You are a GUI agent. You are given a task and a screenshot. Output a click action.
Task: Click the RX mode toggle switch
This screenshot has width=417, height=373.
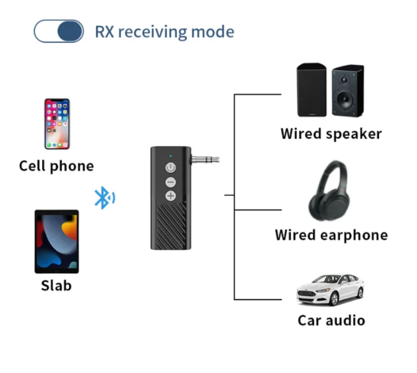(59, 32)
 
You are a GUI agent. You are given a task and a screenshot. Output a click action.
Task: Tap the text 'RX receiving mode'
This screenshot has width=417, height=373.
(164, 32)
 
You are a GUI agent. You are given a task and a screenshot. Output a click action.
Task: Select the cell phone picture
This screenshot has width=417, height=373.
(57, 124)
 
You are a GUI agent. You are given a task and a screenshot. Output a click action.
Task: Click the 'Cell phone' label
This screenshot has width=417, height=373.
(57, 166)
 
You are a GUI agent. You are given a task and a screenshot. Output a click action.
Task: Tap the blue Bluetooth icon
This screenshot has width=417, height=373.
(104, 198)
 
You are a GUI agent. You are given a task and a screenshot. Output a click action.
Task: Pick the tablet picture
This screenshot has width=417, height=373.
(57, 241)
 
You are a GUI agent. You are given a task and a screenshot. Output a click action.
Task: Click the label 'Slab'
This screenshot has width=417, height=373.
(56, 286)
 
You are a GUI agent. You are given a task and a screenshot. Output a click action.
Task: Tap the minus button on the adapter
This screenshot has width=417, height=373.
(171, 182)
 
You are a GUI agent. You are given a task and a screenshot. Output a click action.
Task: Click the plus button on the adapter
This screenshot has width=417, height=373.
(171, 196)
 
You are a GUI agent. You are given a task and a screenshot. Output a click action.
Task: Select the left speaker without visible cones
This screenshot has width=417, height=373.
(312, 90)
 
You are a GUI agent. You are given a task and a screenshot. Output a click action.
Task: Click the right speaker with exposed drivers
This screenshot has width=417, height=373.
(347, 91)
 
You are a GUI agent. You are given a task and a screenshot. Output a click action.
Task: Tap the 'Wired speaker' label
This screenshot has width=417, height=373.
(331, 134)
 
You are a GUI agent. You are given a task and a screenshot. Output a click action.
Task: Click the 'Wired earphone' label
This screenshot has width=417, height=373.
(331, 235)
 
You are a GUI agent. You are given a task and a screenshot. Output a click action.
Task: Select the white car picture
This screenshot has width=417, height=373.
(330, 290)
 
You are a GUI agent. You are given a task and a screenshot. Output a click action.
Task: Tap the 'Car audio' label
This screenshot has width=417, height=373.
(331, 320)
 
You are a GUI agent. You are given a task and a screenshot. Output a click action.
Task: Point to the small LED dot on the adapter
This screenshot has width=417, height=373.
(170, 156)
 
